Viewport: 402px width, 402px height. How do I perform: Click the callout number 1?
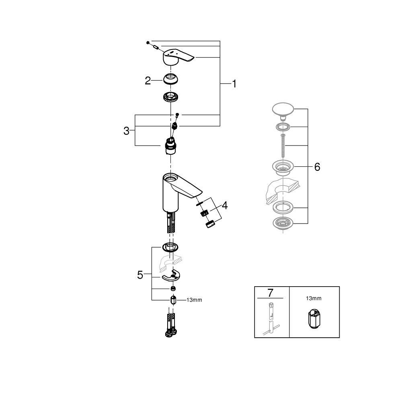(x=234, y=84)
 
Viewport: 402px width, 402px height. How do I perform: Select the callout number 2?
(x=148, y=81)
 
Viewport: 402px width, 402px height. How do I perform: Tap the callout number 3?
(x=126, y=131)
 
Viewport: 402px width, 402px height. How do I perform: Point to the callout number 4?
(x=224, y=205)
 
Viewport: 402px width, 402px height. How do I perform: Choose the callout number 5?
(x=140, y=275)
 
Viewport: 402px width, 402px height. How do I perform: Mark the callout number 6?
(x=317, y=167)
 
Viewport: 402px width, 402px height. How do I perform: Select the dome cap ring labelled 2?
(x=172, y=79)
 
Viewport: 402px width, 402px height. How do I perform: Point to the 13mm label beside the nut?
(x=194, y=300)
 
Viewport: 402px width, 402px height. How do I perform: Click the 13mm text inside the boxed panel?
(x=314, y=298)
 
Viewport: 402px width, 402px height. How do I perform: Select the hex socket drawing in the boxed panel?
(x=314, y=320)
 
